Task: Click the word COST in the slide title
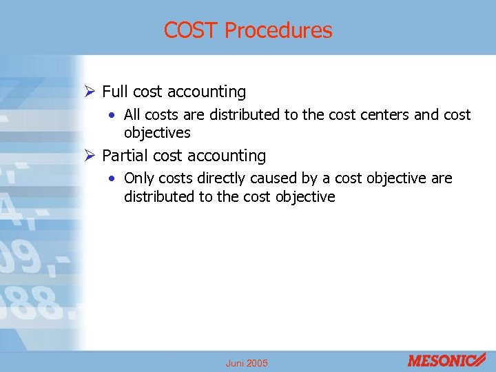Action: [x=191, y=30]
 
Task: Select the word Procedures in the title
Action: [x=278, y=30]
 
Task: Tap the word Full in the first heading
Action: [x=114, y=92]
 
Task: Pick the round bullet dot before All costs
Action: [x=112, y=115]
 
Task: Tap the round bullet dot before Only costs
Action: [x=112, y=179]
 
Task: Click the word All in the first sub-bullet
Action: [x=132, y=114]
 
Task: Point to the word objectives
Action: [x=157, y=132]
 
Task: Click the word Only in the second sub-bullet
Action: [x=139, y=178]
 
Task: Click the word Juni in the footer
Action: [x=236, y=363]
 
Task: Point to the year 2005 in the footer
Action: [x=258, y=363]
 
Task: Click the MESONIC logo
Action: [x=446, y=360]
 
